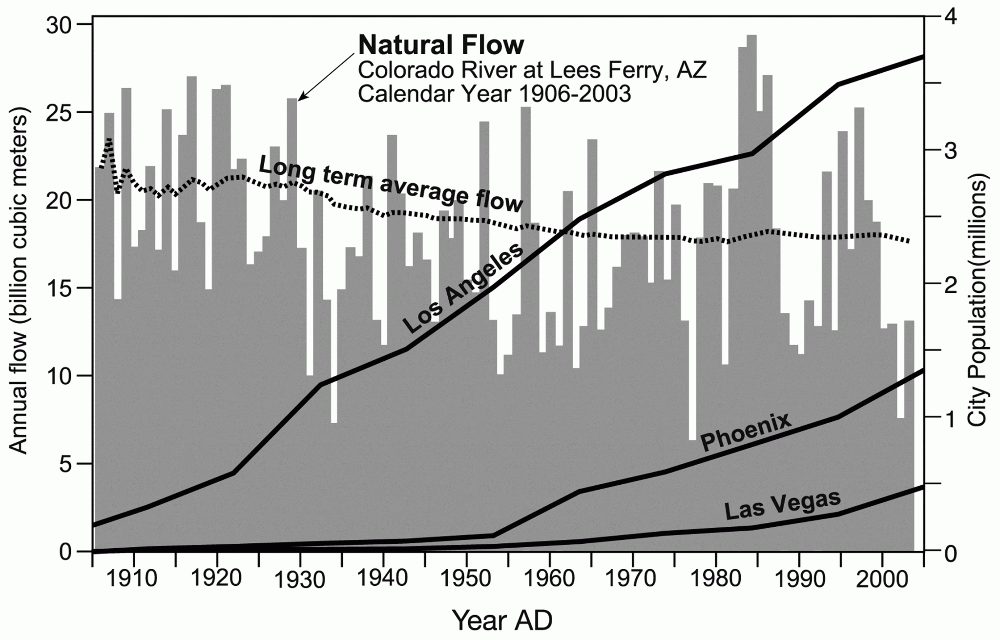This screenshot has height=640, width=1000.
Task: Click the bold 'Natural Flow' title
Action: click(441, 45)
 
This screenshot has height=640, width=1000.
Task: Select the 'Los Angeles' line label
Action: click(462, 289)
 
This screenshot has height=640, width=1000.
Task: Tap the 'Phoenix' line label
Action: click(745, 432)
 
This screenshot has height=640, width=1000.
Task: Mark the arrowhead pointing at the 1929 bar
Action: click(301, 97)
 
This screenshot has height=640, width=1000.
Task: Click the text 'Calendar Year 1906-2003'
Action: click(494, 94)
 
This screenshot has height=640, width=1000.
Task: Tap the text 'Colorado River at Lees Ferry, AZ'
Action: click(532, 70)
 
